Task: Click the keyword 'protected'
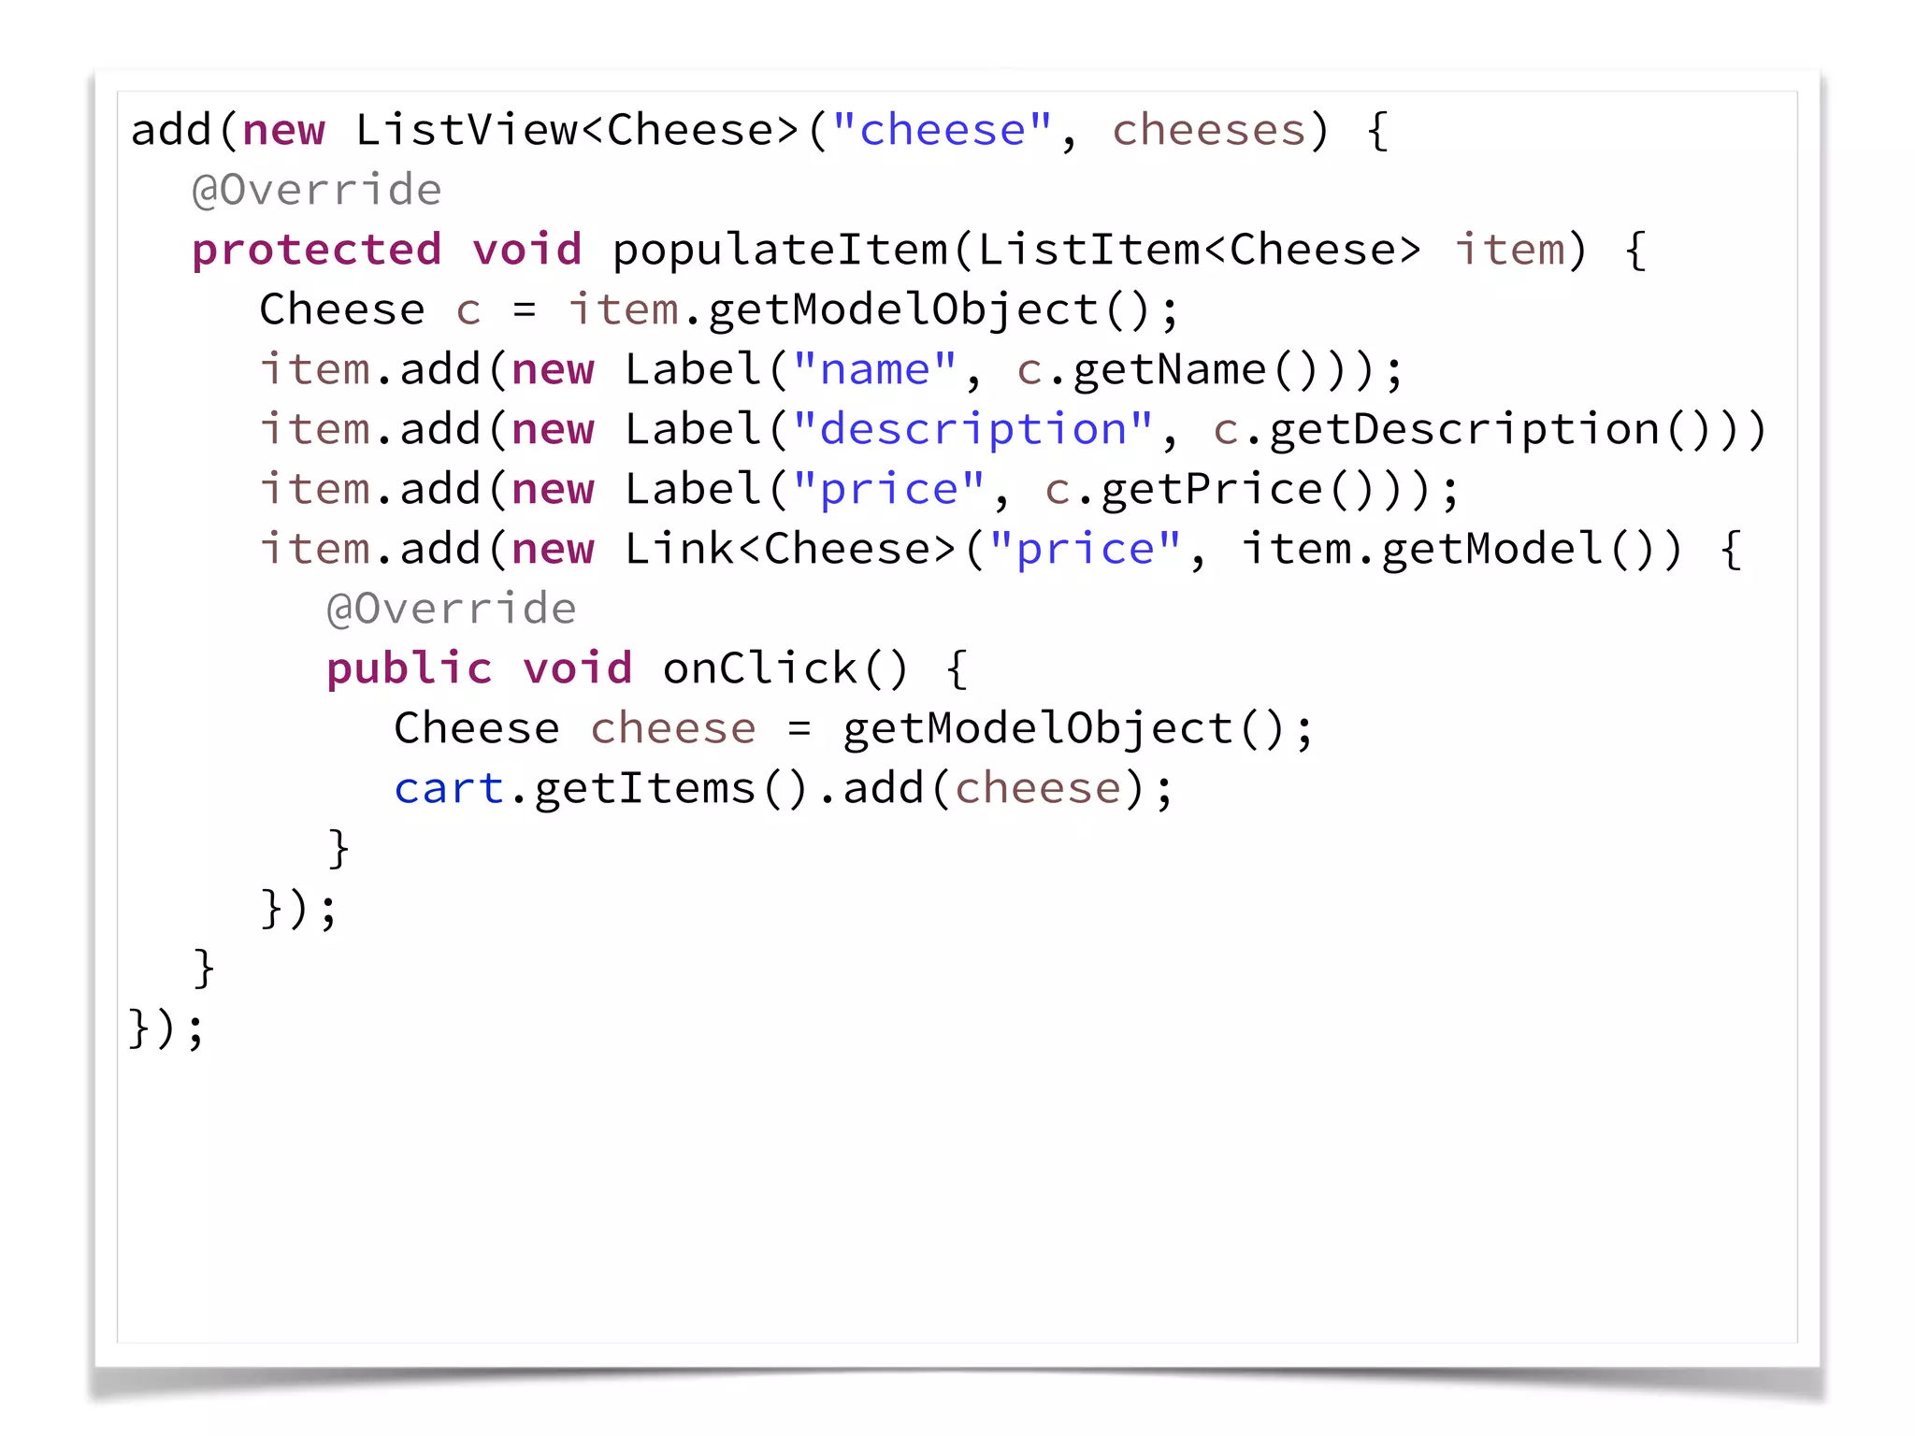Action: point(316,251)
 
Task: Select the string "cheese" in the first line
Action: point(942,131)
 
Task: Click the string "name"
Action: point(874,370)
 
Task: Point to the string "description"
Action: point(972,430)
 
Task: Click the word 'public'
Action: point(409,669)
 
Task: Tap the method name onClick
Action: point(759,669)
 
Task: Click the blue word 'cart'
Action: point(448,789)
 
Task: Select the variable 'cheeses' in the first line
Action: point(1207,131)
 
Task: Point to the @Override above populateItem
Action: point(316,191)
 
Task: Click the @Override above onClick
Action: point(451,610)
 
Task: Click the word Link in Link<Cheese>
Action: point(679,550)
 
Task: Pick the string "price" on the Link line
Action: point(1085,550)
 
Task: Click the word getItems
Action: point(644,789)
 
